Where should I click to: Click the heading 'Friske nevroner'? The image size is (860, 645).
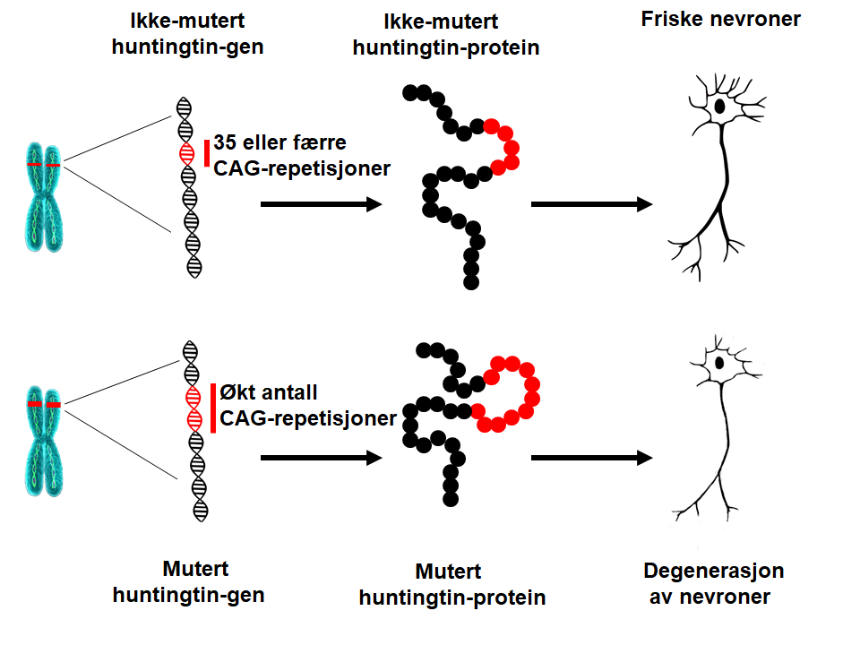pyautogui.click(x=720, y=19)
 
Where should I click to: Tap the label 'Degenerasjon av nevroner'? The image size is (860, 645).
pyautogui.click(x=714, y=583)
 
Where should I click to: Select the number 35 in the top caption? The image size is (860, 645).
pyautogui.click(x=224, y=142)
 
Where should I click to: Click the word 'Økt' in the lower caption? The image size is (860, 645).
pyautogui.click(x=236, y=392)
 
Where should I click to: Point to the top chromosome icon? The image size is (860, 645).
pyautogui.click(x=42, y=193)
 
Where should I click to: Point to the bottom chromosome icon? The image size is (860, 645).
pyautogui.click(x=42, y=436)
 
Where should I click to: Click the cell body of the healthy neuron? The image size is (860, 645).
pyautogui.click(x=719, y=107)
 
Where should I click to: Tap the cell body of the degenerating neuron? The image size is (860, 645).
pyautogui.click(x=718, y=364)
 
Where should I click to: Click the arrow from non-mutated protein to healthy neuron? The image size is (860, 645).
pyautogui.click(x=591, y=204)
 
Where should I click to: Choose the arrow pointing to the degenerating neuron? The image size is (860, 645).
pyautogui.click(x=591, y=458)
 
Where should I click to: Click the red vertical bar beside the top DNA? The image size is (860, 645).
pyautogui.click(x=207, y=153)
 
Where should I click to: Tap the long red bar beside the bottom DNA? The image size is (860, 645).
pyautogui.click(x=213, y=408)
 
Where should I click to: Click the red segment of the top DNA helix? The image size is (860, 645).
pyautogui.click(x=186, y=153)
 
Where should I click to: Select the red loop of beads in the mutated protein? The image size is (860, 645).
pyautogui.click(x=512, y=395)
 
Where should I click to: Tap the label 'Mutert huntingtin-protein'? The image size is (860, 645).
pyautogui.click(x=452, y=584)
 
